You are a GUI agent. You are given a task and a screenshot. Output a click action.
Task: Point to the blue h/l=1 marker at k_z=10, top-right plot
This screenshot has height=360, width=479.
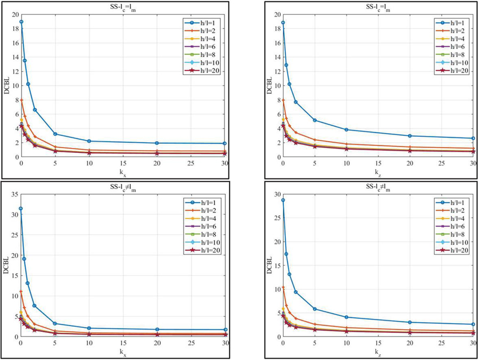[x=346, y=129]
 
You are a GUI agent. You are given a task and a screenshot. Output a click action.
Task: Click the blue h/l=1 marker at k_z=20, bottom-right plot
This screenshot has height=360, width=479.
[x=410, y=322]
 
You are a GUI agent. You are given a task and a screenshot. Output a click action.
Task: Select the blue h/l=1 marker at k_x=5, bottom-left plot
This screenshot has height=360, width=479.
[x=55, y=323]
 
